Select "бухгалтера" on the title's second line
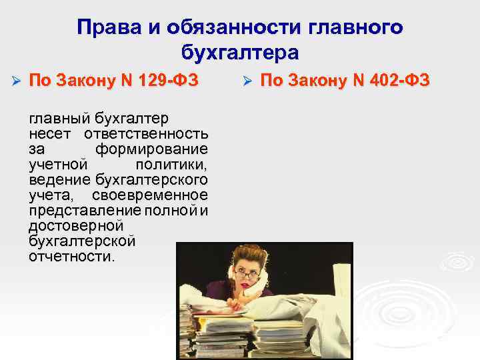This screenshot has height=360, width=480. pyautogui.click(x=240, y=52)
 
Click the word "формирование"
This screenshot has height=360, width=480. pyautogui.click(x=151, y=149)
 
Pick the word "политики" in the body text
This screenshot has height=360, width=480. pyautogui.click(x=171, y=164)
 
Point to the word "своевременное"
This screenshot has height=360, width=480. pyautogui.click(x=150, y=195)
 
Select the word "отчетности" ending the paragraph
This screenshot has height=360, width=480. pyautogui.click(x=70, y=257)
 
